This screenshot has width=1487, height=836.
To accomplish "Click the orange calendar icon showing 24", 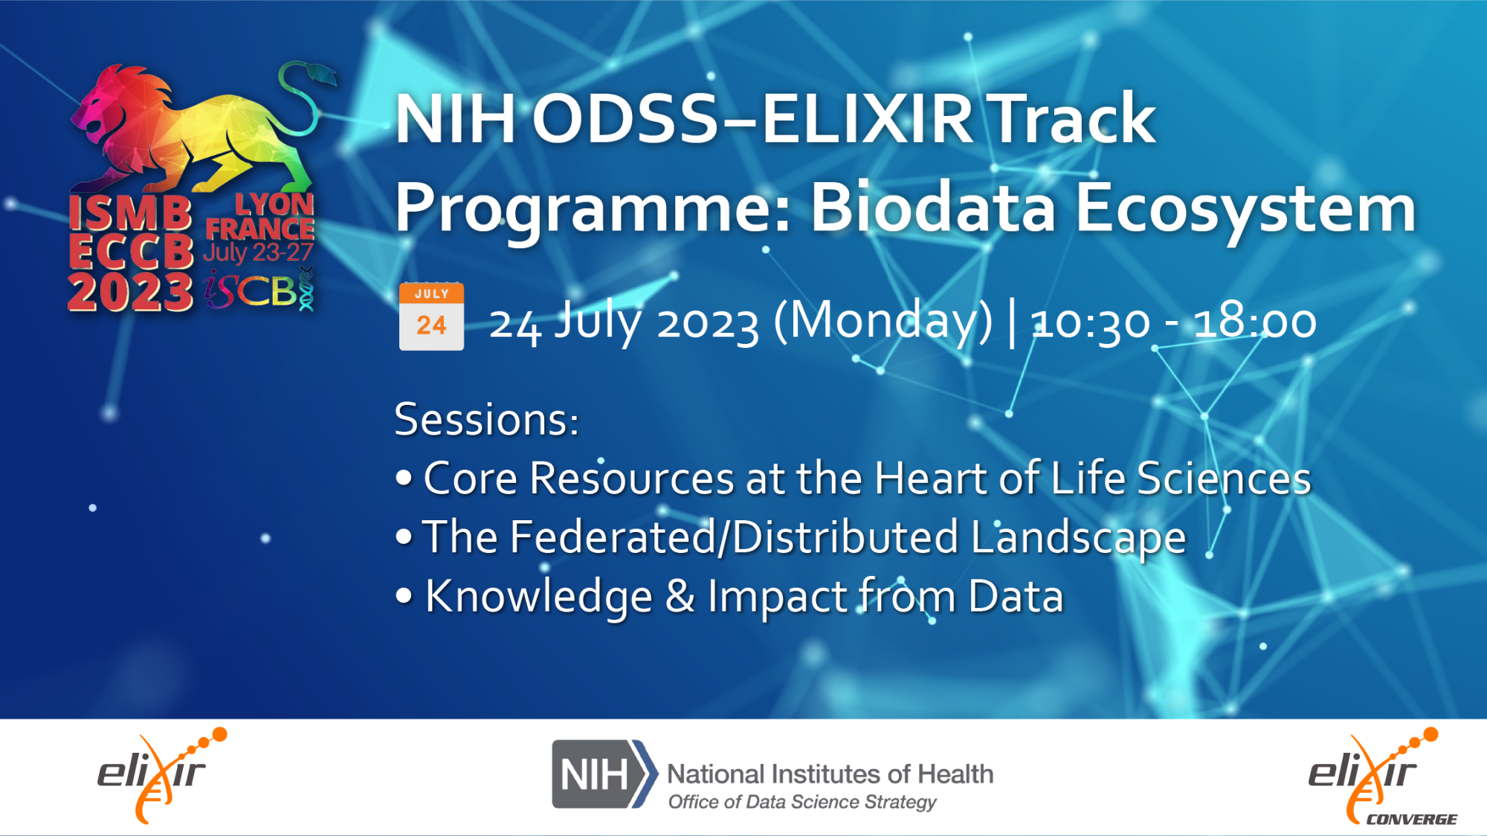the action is point(431,316).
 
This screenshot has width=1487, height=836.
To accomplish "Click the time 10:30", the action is point(1091,323).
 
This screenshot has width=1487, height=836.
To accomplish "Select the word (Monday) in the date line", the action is point(883,323).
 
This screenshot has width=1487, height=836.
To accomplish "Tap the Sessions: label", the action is point(486,420).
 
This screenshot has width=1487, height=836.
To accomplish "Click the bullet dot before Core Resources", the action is point(404,478).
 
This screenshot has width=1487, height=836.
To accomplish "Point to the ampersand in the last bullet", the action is point(680,597).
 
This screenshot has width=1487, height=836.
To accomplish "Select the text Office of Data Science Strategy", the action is point(802,802).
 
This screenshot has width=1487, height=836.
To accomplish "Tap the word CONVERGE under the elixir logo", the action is point(1411,819).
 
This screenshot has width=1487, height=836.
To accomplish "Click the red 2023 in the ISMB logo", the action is point(130,291).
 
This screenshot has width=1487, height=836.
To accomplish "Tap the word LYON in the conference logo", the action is point(274,204).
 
